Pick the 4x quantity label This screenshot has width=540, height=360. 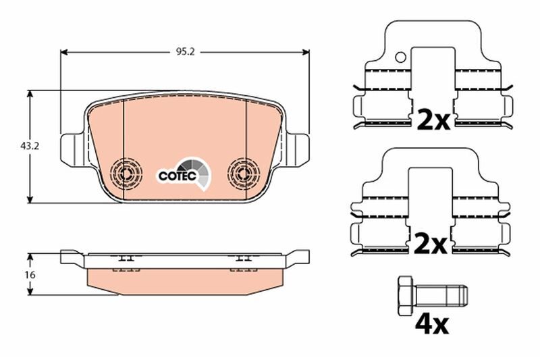pyautogui.click(x=431, y=325)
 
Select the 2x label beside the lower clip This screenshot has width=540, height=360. pyautogui.click(x=431, y=244)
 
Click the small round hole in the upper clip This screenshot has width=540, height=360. pyautogui.click(x=401, y=58)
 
